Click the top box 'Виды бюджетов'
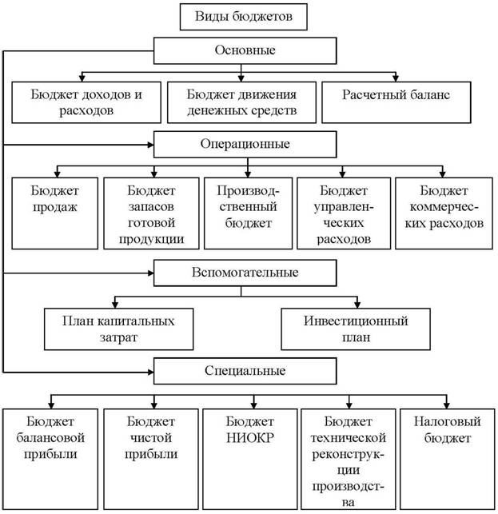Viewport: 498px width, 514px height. pyautogui.click(x=244, y=17)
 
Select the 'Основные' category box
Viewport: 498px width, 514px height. pyautogui.click(x=245, y=50)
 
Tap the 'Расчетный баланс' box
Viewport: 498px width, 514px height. pyautogui.click(x=396, y=102)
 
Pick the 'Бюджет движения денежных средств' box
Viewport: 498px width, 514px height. pyautogui.click(x=241, y=102)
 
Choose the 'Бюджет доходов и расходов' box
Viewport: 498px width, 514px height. pyautogui.click(x=86, y=102)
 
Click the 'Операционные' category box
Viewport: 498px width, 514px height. pyautogui.click(x=245, y=144)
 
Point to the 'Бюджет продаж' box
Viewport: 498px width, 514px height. pyautogui.click(x=54, y=213)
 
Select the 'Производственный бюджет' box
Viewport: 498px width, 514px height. pyautogui.click(x=248, y=213)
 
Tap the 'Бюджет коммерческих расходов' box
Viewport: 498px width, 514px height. pyautogui.click(x=444, y=213)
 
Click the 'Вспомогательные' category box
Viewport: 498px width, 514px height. pyautogui.click(x=245, y=273)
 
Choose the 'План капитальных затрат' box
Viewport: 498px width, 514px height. pyautogui.click(x=118, y=329)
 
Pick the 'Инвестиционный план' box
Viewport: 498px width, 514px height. pyautogui.click(x=356, y=329)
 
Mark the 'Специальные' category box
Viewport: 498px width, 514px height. pyautogui.click(x=245, y=371)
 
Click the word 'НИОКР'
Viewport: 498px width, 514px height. pyautogui.click(x=250, y=438)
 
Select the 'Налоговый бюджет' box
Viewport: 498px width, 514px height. pyautogui.click(x=447, y=459)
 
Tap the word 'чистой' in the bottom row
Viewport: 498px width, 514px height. pyautogui.click(x=151, y=438)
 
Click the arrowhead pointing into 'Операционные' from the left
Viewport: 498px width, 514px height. pyautogui.click(x=150, y=145)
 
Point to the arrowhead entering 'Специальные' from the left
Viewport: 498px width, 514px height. pyautogui.click(x=150, y=372)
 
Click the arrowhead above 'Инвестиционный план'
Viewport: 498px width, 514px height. pyautogui.click(x=357, y=305)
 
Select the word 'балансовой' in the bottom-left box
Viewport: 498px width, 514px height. pyautogui.click(x=50, y=438)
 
